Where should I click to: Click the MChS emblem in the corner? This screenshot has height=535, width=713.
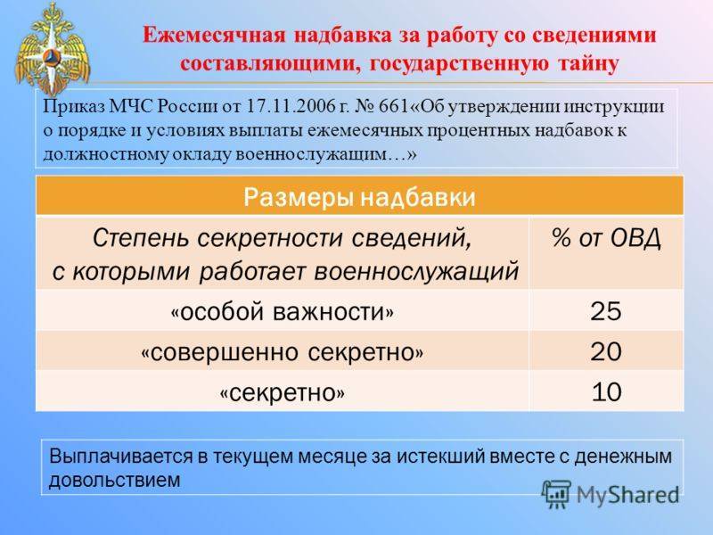(x=53, y=49)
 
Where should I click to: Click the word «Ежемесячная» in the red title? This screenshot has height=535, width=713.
(x=215, y=36)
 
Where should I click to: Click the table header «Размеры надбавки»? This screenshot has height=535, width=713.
(x=359, y=197)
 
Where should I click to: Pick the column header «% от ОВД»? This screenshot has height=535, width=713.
(x=606, y=237)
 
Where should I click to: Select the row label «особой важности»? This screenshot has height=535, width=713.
(x=282, y=312)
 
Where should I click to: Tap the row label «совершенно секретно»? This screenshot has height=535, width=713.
(x=282, y=352)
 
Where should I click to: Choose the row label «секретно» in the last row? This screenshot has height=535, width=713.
(x=282, y=392)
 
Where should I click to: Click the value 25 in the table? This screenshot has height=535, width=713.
(x=606, y=311)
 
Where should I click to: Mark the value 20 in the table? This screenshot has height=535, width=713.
(x=606, y=351)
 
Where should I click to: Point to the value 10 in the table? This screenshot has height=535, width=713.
(x=606, y=391)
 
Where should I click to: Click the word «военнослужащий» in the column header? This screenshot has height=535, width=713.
(x=416, y=272)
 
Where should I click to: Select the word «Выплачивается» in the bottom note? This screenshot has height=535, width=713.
(x=120, y=457)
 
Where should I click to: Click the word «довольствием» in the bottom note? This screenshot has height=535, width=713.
(x=115, y=480)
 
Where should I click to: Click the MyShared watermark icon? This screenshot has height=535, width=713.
(x=555, y=494)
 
